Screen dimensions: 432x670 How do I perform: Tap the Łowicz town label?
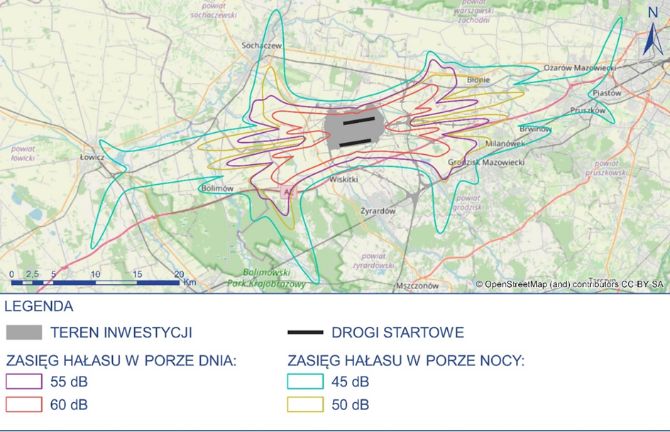click(92, 156)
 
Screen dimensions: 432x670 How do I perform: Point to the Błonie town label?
click(478, 80)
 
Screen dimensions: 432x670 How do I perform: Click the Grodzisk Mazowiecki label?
click(486, 162)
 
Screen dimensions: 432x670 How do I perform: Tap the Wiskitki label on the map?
click(344, 180)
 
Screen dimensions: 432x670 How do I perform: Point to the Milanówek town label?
click(504, 143)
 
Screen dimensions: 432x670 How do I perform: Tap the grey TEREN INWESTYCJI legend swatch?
click(24, 333)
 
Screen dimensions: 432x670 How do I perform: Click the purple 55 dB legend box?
click(24, 382)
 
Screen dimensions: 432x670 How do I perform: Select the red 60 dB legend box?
click(24, 405)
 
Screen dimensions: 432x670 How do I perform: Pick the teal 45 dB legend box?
click(305, 382)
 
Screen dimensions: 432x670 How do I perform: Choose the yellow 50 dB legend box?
click(305, 405)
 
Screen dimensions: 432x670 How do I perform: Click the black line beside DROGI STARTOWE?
click(305, 333)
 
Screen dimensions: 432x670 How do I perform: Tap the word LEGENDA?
click(39, 307)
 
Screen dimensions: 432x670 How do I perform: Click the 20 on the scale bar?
click(179, 274)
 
